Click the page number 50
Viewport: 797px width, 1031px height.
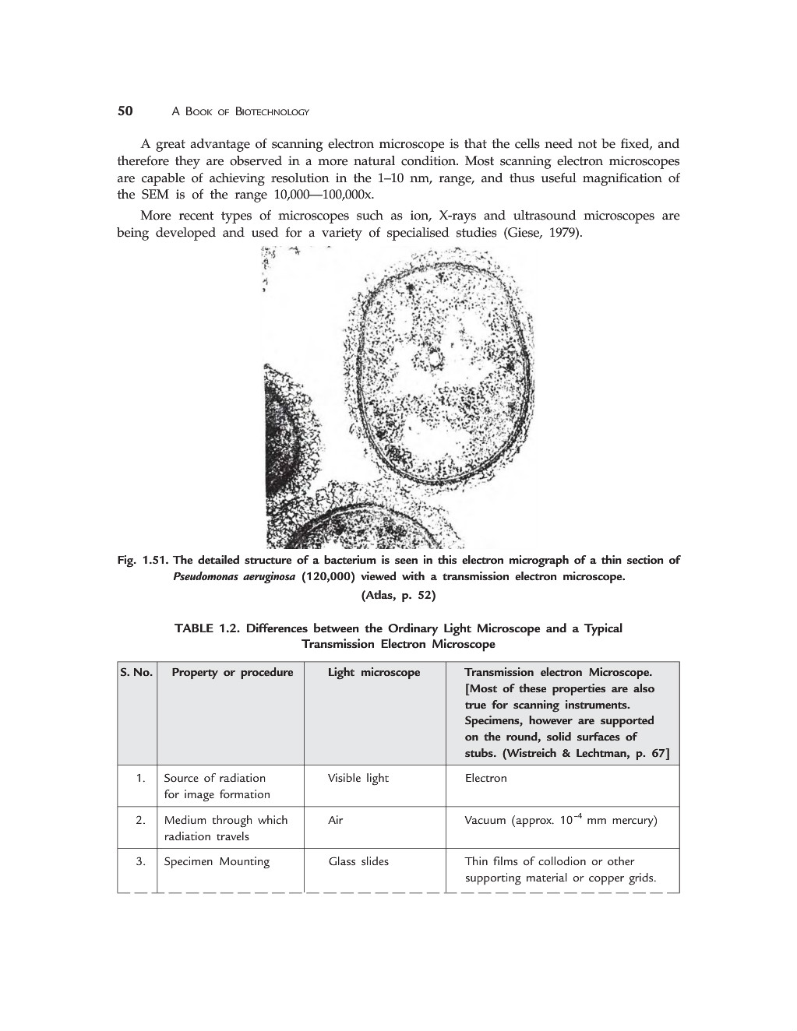pos(125,111)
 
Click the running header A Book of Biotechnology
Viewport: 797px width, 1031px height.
pos(240,112)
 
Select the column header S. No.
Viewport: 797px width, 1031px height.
pos(136,672)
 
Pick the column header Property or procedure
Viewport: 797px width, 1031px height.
pos(232,672)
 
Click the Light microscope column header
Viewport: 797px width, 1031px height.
pos(373,672)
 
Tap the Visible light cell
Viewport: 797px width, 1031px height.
pos(358,778)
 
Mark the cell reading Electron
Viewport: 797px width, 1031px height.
pos(485,778)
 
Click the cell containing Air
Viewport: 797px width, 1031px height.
pos(335,820)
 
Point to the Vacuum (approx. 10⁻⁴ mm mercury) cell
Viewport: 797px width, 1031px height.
pos(560,820)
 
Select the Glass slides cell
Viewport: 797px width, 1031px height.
pos(358,861)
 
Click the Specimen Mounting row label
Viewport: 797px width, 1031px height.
pos(217,861)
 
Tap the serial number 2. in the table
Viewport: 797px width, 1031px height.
pos(140,820)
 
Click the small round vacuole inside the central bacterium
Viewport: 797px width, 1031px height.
pos(433,357)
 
